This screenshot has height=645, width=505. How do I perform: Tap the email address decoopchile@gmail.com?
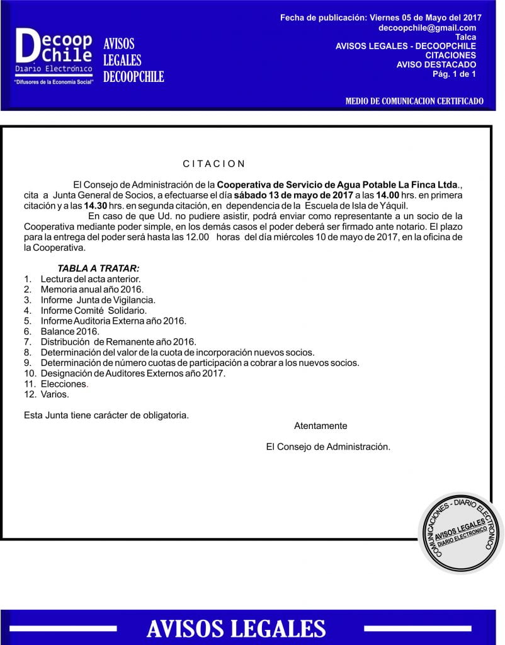tap(427, 28)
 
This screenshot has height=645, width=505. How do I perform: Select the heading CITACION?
tap(214, 164)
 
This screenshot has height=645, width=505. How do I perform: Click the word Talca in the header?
tap(465, 37)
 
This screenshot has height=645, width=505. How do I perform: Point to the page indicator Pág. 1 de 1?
tap(454, 74)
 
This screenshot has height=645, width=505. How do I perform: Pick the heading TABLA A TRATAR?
tap(94, 268)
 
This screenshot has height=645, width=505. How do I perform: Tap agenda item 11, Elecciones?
tap(64, 384)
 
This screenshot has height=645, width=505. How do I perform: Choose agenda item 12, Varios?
tap(54, 394)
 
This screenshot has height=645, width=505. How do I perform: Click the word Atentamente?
tap(321, 426)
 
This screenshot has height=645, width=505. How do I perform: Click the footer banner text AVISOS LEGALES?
tap(236, 628)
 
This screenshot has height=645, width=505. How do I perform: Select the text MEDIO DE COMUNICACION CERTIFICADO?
tap(414, 101)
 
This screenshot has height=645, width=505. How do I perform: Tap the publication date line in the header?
tap(378, 18)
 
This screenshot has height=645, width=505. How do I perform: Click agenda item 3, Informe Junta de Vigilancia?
tap(97, 300)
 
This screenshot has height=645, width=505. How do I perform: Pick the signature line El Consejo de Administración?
tap(328, 447)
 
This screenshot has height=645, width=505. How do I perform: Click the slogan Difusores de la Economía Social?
tap(54, 83)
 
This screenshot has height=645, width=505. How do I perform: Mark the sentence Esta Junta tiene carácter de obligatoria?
tap(106, 415)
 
